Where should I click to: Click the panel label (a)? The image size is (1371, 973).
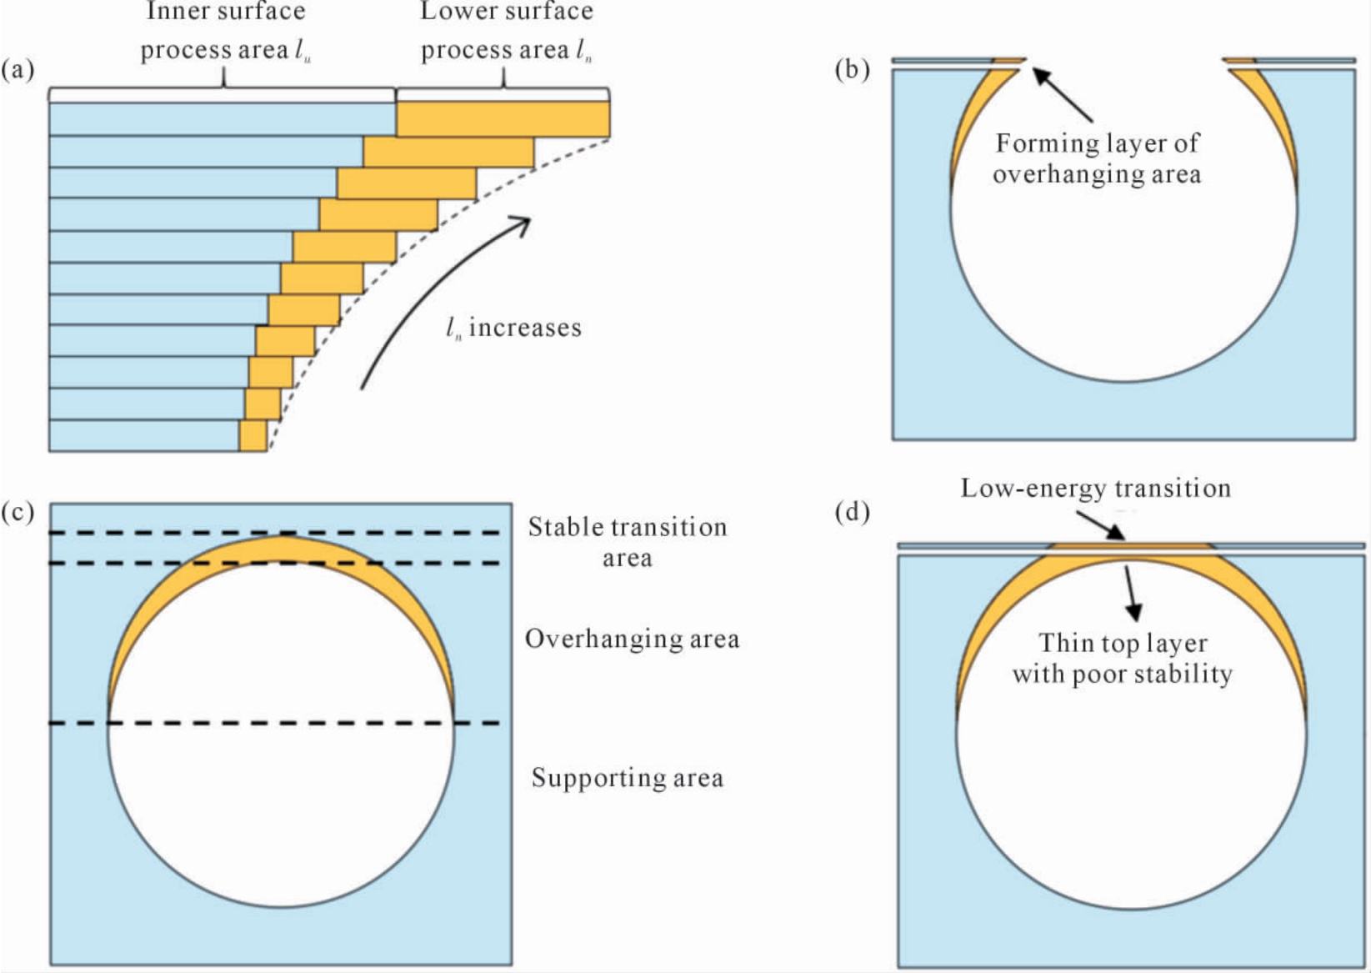(x=18, y=70)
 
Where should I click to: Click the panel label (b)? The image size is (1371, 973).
(x=852, y=70)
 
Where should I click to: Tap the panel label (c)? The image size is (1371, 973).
(x=18, y=511)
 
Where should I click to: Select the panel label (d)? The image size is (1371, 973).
(x=852, y=511)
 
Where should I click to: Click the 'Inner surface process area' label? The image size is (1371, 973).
(x=225, y=31)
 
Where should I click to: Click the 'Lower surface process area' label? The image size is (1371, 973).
(x=507, y=31)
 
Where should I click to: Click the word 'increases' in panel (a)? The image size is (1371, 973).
(x=525, y=328)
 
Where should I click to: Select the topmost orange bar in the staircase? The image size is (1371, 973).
(x=503, y=118)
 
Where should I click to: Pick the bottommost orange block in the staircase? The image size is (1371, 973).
(x=253, y=436)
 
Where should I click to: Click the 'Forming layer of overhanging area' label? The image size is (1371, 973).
(x=1097, y=158)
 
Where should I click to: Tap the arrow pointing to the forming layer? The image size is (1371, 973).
(x=1063, y=95)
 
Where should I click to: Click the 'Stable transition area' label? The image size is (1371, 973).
(x=628, y=543)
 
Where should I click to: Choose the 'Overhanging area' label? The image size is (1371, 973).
(x=633, y=639)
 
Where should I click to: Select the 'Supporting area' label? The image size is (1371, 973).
(x=628, y=778)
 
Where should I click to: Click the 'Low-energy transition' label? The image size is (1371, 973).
(x=1096, y=488)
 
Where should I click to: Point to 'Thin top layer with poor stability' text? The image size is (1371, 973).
(x=1123, y=659)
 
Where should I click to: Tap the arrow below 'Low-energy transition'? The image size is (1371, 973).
(x=1101, y=526)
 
